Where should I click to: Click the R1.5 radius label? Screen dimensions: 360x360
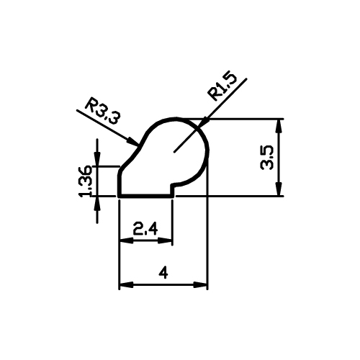click(222, 86)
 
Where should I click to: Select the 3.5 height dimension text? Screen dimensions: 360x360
click(267, 158)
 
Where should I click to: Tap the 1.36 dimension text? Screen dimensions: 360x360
click(86, 181)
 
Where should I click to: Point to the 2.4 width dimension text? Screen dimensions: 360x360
click(145, 229)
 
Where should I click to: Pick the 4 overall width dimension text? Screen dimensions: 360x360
click(163, 274)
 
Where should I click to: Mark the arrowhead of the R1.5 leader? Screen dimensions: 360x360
click(198, 127)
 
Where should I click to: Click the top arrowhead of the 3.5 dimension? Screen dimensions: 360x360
click(279, 120)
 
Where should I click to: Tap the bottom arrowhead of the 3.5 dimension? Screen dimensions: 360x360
click(279, 196)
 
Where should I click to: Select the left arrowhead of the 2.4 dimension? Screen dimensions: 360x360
click(120, 240)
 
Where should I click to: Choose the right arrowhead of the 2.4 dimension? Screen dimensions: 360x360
click(172, 240)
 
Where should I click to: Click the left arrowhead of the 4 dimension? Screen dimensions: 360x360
click(120, 285)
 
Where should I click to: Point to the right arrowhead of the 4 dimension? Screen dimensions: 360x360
click(207, 285)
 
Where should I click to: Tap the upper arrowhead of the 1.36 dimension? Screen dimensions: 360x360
click(97, 166)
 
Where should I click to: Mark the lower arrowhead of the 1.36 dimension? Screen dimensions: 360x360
click(97, 197)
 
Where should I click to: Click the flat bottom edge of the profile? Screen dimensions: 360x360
click(145, 196)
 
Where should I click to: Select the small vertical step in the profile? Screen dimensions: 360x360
click(172, 190)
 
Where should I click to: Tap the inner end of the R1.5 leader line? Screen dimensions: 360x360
click(174, 152)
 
